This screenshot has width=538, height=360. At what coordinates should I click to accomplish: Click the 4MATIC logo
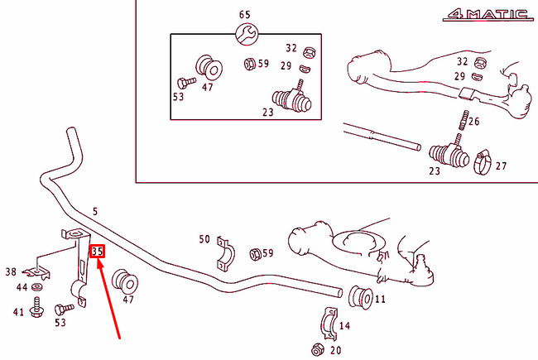(488, 15)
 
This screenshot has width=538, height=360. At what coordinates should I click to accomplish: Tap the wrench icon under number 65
(247, 34)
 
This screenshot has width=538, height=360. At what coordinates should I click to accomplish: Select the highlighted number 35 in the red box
(97, 252)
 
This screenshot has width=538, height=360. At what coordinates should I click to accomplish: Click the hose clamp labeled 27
(483, 163)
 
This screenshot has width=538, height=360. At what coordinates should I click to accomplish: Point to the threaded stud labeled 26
(464, 120)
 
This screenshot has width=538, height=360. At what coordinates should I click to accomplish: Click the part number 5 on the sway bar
(95, 211)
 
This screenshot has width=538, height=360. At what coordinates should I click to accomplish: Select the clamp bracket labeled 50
(225, 253)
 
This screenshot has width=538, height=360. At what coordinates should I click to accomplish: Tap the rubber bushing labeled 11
(361, 297)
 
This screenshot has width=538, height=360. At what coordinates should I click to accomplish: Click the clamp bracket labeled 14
(329, 324)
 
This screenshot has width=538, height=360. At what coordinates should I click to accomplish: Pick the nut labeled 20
(318, 350)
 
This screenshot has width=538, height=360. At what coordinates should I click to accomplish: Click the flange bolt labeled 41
(36, 308)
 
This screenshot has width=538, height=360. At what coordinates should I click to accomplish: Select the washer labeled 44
(37, 286)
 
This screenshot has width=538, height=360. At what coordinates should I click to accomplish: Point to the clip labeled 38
(36, 272)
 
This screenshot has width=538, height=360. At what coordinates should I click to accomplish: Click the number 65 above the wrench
(245, 15)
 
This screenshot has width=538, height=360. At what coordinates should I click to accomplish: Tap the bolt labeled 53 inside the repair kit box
(186, 83)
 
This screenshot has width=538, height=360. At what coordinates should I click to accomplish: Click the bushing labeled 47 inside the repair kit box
(209, 68)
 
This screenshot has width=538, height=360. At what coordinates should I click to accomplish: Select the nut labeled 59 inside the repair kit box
(249, 64)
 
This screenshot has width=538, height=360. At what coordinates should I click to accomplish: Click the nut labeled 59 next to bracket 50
(255, 254)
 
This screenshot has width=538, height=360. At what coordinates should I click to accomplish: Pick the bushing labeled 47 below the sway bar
(125, 281)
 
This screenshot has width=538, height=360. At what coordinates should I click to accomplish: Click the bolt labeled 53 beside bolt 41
(64, 309)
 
